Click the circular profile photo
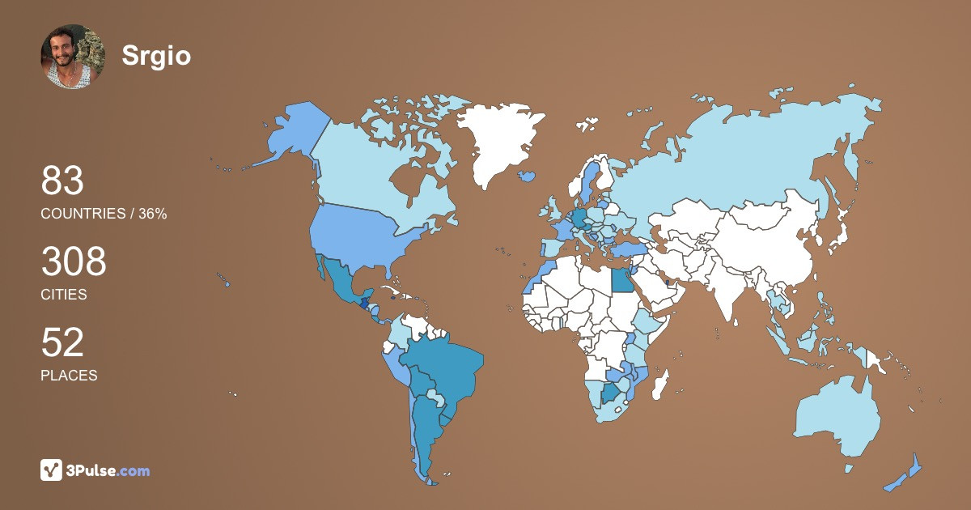[x=73, y=56]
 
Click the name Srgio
[x=156, y=55]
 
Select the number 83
[x=62, y=181]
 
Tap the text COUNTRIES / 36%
[x=104, y=214]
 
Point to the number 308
[x=74, y=261]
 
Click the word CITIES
[x=64, y=295]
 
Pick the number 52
[x=62, y=342]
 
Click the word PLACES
[x=69, y=376]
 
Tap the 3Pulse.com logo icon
[x=52, y=470]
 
